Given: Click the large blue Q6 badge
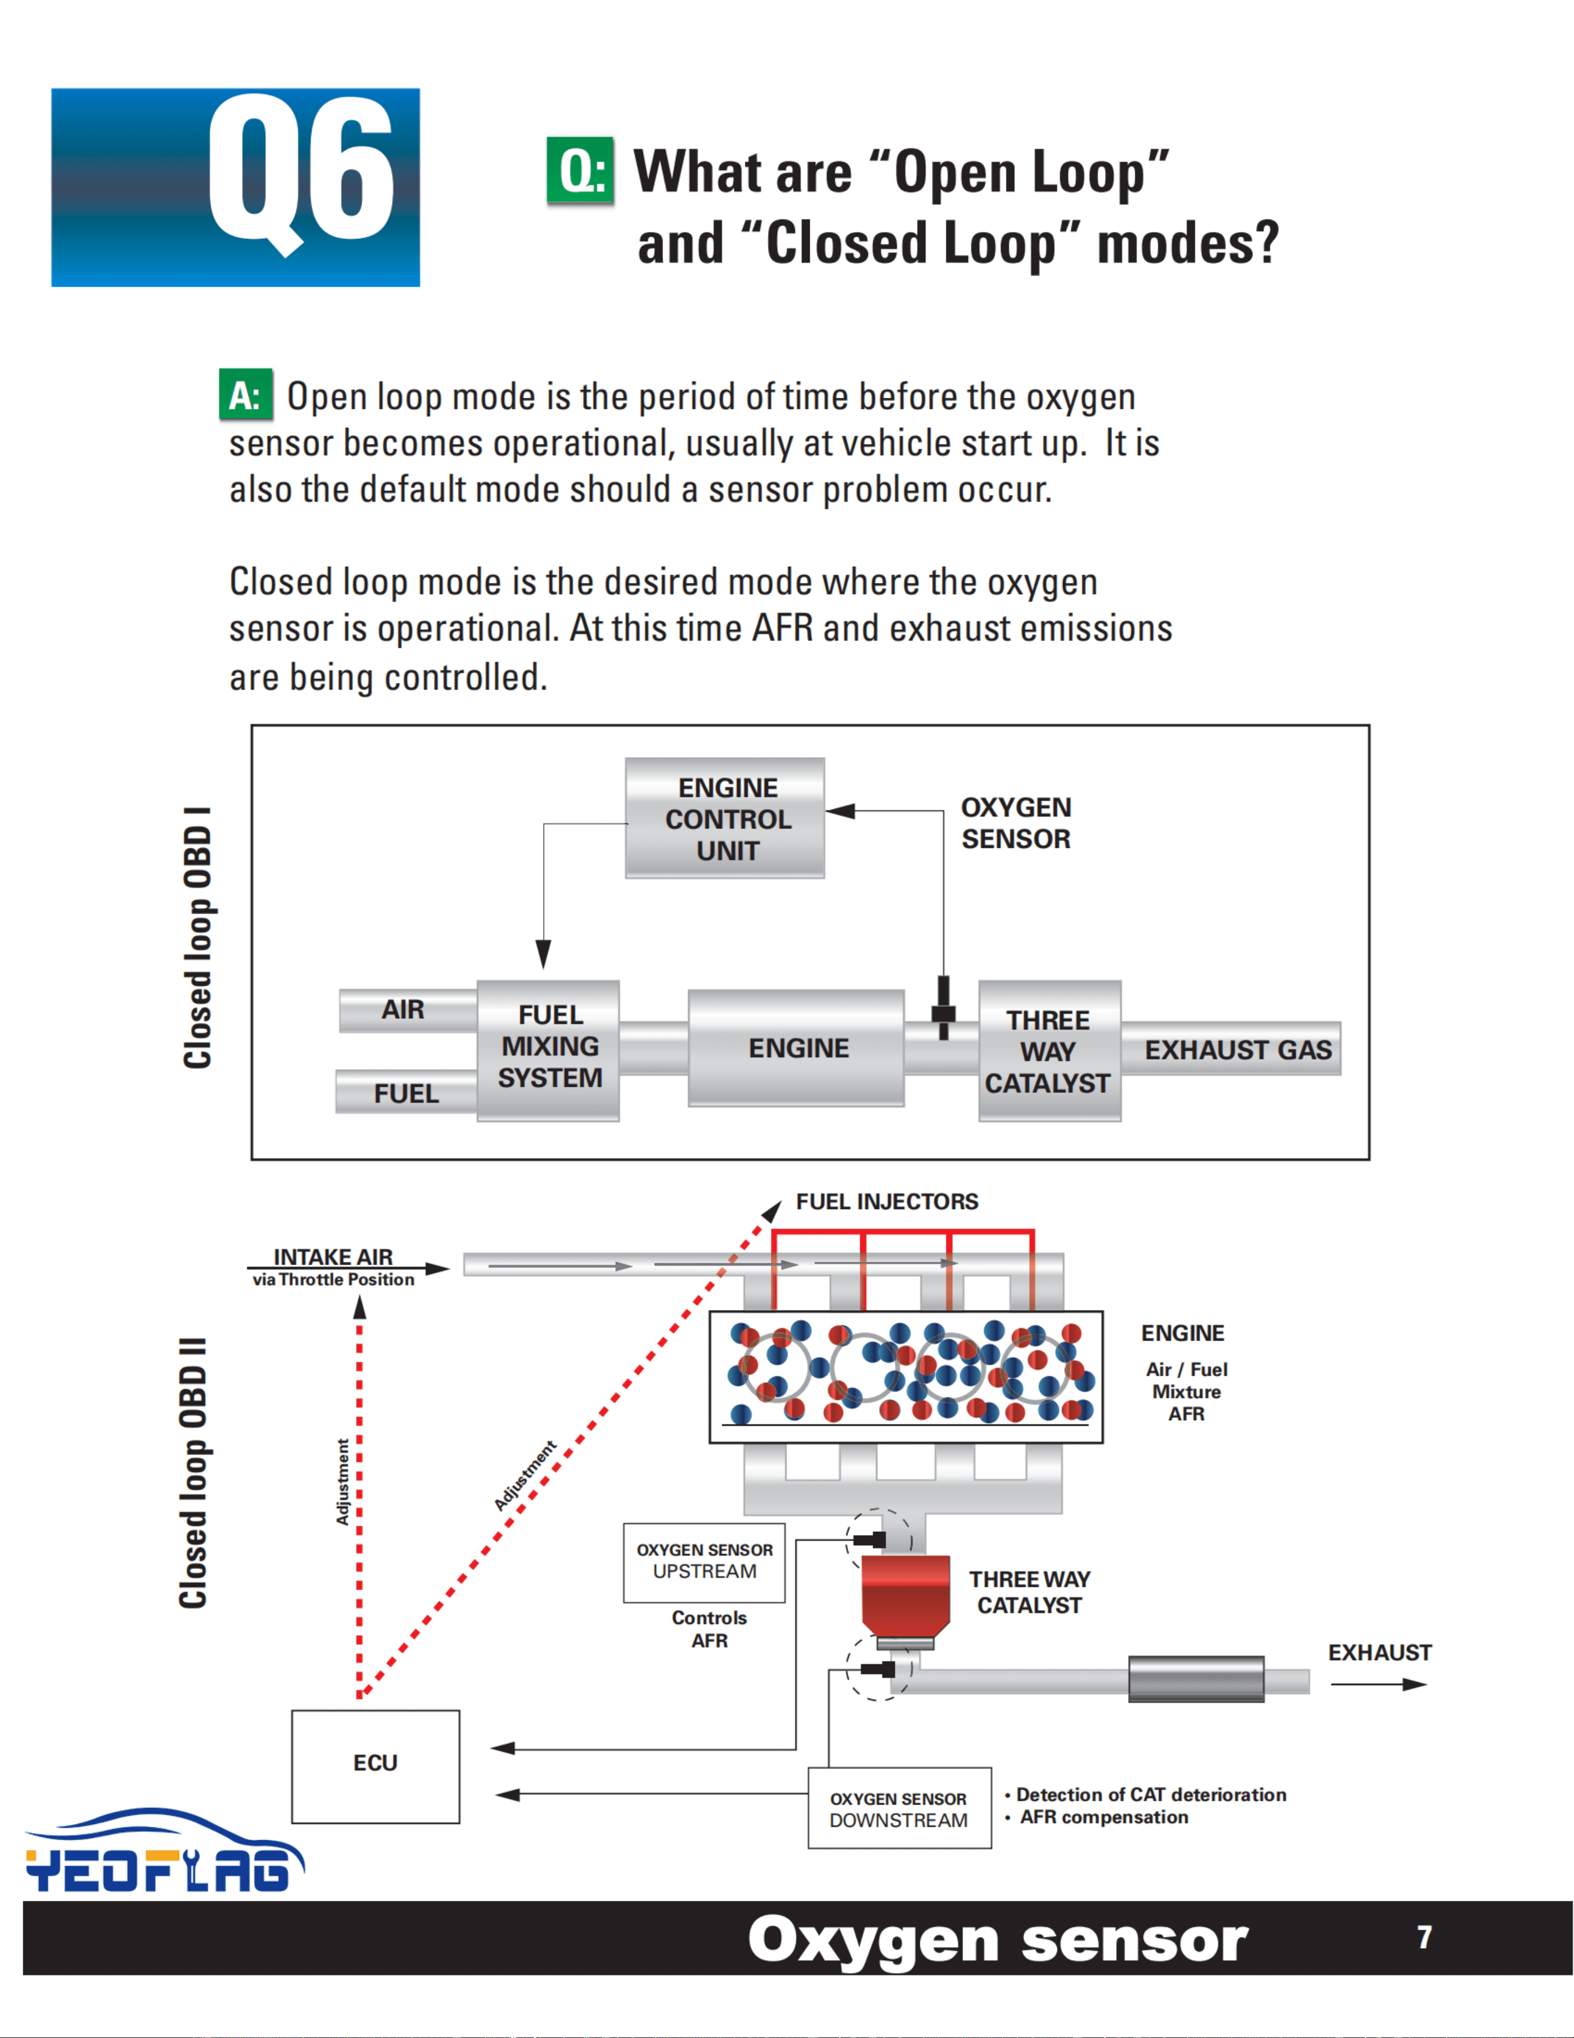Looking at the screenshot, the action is (235, 188).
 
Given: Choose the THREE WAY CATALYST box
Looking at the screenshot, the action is (1050, 1051).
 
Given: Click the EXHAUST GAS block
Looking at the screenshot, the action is (1231, 1050).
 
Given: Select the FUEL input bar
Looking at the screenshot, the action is (406, 1092).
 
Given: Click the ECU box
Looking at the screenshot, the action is (375, 1766).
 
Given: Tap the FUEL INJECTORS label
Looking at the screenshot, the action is (886, 1202).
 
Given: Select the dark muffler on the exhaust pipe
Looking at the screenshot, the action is (1196, 1679).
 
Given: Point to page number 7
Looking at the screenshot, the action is (1424, 1937).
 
